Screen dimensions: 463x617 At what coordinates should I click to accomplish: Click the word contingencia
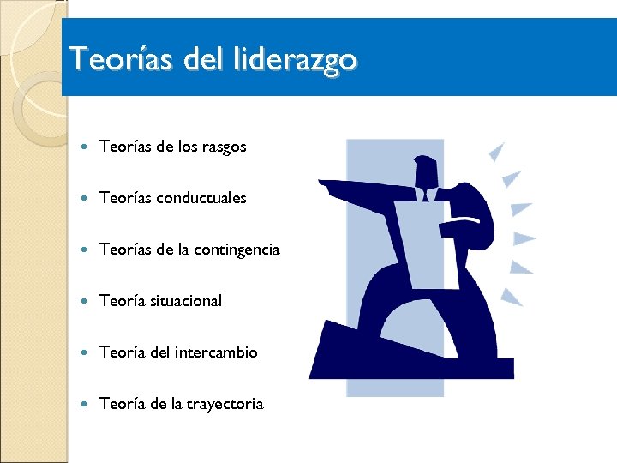pyautogui.click(x=237, y=250)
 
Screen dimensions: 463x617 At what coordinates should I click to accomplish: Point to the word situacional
pyautogui.click(x=185, y=301)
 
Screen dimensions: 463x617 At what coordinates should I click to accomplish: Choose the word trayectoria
pyautogui.click(x=225, y=404)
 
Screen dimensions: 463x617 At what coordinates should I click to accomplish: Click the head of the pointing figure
pyautogui.click(x=426, y=171)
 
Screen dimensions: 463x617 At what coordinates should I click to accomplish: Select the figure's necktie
pyautogui.click(x=426, y=196)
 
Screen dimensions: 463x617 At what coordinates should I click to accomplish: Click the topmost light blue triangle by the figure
pyautogui.click(x=496, y=153)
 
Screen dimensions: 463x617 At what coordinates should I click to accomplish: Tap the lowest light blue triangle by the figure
pyautogui.click(x=512, y=297)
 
